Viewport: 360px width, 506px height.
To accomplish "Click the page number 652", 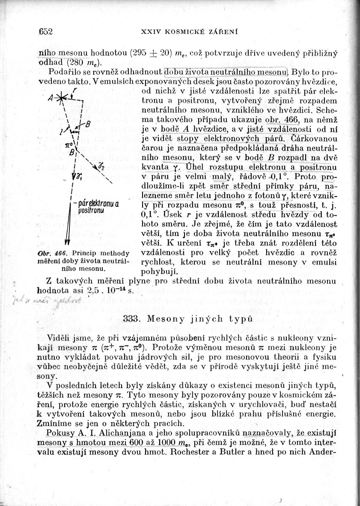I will pyautogui.click(x=45, y=31).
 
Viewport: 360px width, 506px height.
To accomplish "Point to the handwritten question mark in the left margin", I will pyautogui.click(x=15, y=283).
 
